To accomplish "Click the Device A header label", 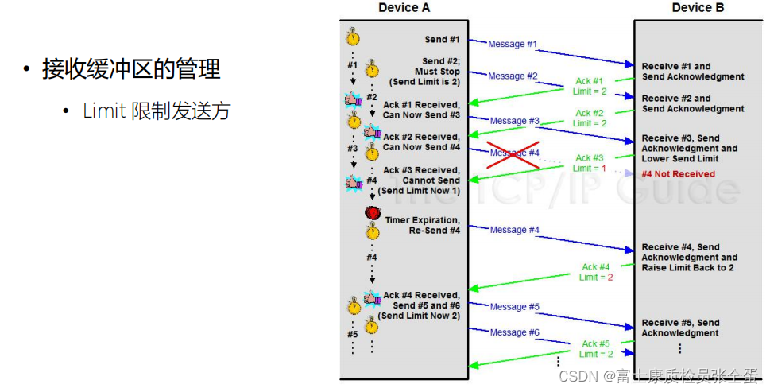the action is pyautogui.click(x=404, y=8).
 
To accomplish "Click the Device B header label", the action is pyautogui.click(x=698, y=8).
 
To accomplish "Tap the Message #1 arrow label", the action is pyautogui.click(x=513, y=44).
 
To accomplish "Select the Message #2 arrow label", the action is pyautogui.click(x=513, y=76).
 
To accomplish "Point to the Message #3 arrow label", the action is pyautogui.click(x=514, y=121).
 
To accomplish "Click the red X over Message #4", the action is pyautogui.click(x=513, y=153).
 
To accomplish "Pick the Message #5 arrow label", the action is pyautogui.click(x=514, y=306).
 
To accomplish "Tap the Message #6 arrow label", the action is pyautogui.click(x=514, y=332).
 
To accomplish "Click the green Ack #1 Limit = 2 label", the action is pyautogui.click(x=590, y=86).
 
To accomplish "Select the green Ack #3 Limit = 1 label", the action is pyautogui.click(x=590, y=163).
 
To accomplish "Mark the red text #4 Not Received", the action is pyautogui.click(x=678, y=174).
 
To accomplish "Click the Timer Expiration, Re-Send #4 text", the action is pyautogui.click(x=422, y=225).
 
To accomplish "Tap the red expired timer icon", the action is pyautogui.click(x=372, y=213).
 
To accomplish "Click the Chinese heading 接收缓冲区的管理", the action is pyautogui.click(x=131, y=69).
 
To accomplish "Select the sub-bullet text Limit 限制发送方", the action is pyautogui.click(x=157, y=111).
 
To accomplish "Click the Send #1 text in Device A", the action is pyautogui.click(x=442, y=39).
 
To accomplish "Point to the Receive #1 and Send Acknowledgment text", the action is pyautogui.click(x=693, y=72).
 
